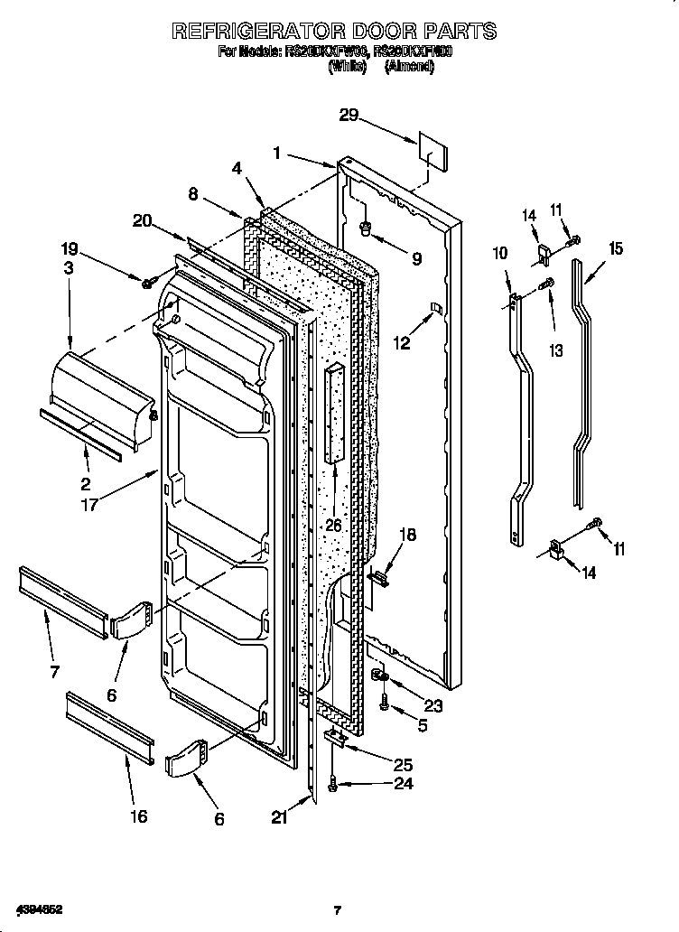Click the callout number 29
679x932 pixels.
(349, 115)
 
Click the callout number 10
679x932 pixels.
(500, 255)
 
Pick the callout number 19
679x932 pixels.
(70, 248)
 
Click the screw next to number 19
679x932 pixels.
(147, 284)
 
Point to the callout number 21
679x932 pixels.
(279, 818)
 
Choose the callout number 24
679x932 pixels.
(403, 784)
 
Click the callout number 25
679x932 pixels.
(403, 764)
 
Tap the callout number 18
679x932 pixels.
(407, 536)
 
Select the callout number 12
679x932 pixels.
(402, 343)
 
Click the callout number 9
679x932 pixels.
(415, 259)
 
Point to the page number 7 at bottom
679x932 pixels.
(338, 910)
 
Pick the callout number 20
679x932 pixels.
(142, 219)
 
